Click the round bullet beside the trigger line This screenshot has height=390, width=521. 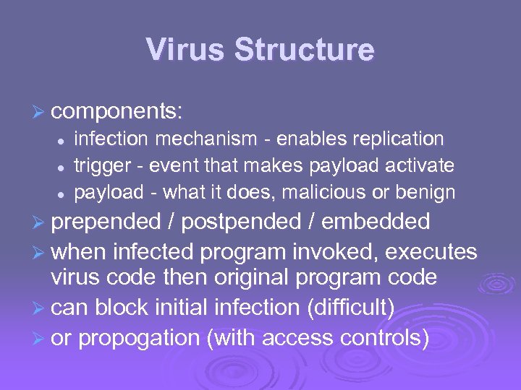pyautogui.click(x=62, y=167)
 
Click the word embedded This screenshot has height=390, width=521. pyautogui.click(x=376, y=222)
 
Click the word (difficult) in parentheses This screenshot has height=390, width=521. pyautogui.click(x=351, y=308)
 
